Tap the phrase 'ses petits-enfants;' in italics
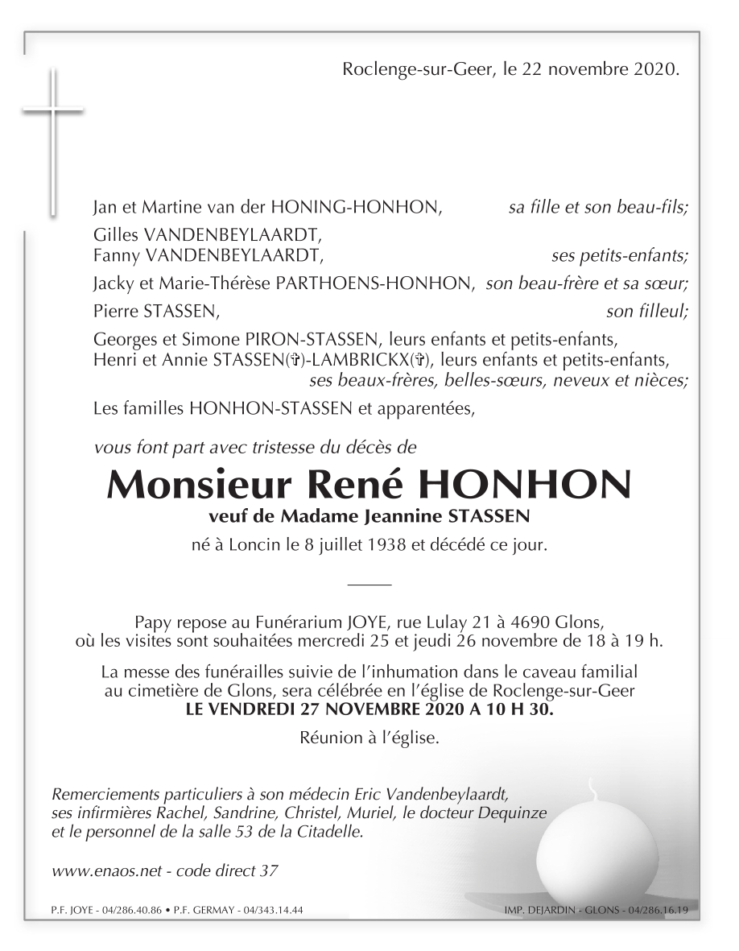pos(620,257)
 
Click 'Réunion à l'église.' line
pos(369,737)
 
